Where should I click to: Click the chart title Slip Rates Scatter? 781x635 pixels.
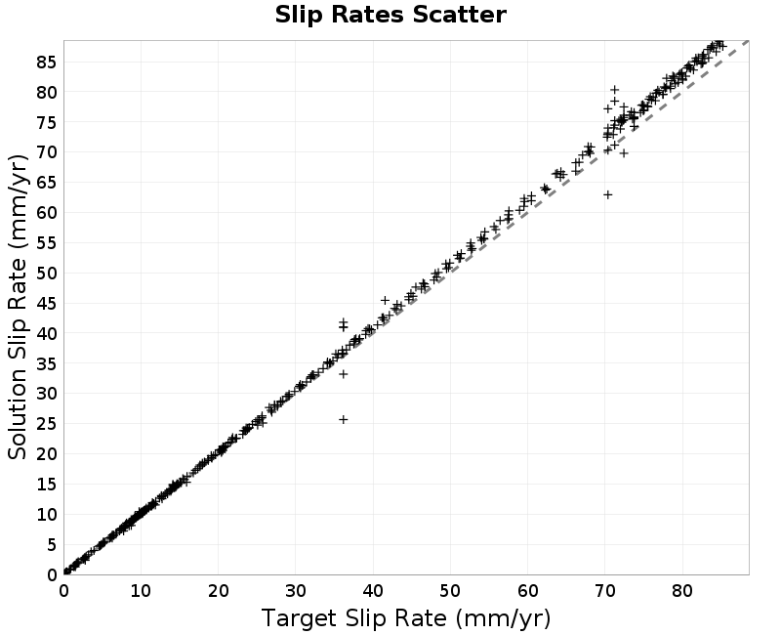click(x=390, y=15)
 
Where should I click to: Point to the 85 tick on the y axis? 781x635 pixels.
click(x=47, y=63)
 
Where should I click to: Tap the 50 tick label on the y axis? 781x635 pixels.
click(x=47, y=274)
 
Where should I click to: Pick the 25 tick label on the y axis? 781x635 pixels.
click(x=47, y=424)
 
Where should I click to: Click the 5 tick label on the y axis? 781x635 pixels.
click(x=53, y=545)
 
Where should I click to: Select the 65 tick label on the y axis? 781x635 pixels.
click(x=47, y=183)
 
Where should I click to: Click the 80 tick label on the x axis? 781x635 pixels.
click(x=681, y=591)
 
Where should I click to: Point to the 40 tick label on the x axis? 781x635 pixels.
click(x=373, y=591)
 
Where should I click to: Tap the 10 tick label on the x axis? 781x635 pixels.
click(x=141, y=591)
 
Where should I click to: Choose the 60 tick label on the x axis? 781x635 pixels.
click(x=527, y=591)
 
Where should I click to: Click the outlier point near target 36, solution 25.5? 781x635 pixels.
click(x=344, y=420)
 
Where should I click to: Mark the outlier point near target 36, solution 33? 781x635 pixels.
click(x=344, y=374)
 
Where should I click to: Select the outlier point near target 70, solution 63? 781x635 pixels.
click(x=607, y=194)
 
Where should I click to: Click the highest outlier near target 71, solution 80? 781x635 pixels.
click(x=615, y=90)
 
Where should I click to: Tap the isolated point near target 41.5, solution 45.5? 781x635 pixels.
click(x=385, y=300)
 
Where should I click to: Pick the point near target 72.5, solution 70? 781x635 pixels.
click(x=624, y=153)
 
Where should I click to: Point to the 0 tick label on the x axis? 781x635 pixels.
click(x=63, y=591)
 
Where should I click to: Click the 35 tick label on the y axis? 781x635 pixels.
click(x=47, y=363)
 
